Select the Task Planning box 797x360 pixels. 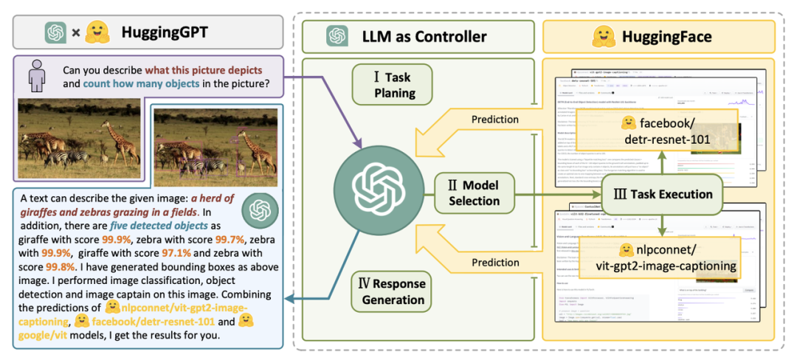[393, 85]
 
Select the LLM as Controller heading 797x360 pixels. [424, 35]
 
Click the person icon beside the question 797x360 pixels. [34, 77]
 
